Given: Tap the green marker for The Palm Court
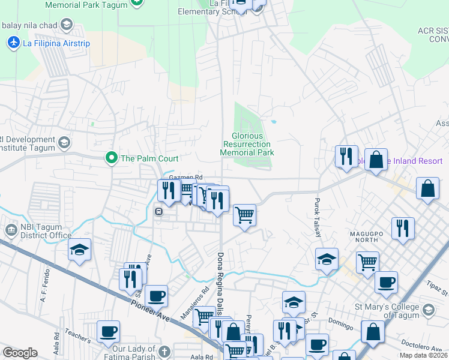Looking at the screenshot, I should (x=111, y=158).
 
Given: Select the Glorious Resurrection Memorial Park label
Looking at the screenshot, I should (x=247, y=145).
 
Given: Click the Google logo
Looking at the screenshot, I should (x=20, y=353).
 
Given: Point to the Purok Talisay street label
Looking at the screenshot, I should (x=317, y=218).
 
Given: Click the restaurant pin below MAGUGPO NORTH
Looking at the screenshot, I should (x=403, y=229).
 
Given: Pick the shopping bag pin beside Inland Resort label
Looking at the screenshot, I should (x=376, y=160).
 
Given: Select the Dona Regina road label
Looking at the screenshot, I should (x=220, y=282).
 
